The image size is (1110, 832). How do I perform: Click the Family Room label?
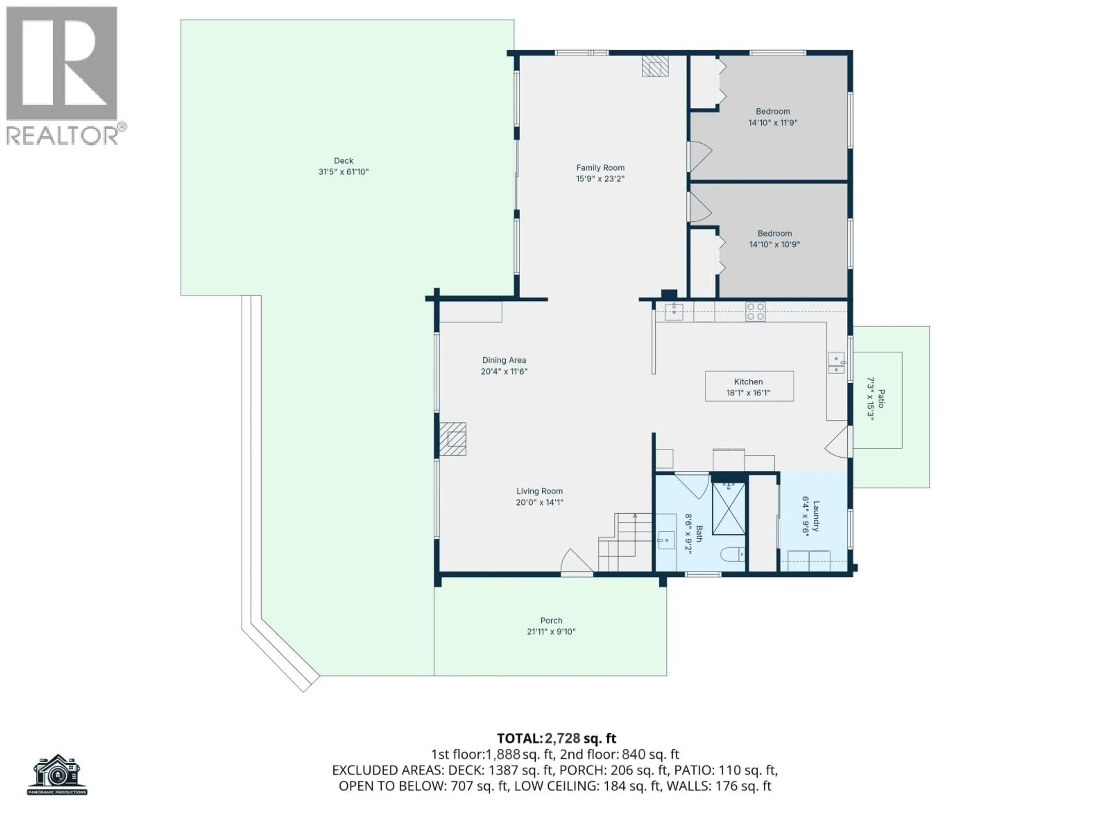(x=600, y=168)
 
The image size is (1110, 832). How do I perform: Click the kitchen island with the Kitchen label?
(x=749, y=386)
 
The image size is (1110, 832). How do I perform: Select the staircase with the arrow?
(x=625, y=543)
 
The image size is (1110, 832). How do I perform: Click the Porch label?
(x=551, y=620)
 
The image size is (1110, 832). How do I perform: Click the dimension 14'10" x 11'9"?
(x=772, y=123)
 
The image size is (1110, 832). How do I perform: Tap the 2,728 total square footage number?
(x=562, y=738)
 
